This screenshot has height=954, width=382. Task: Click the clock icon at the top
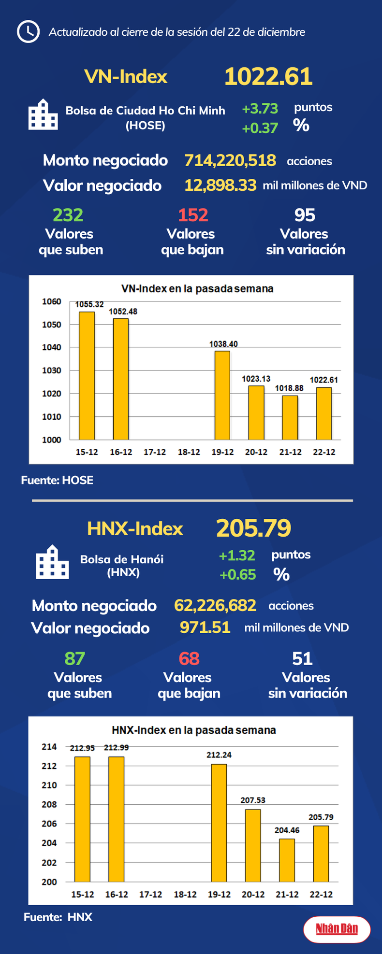point(28,32)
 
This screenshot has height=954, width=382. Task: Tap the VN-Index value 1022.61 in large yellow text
point(268,77)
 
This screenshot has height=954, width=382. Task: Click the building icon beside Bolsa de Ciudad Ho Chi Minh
point(43,114)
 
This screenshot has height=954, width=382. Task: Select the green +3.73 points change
point(260,109)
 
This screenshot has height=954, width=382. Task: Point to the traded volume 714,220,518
point(230,160)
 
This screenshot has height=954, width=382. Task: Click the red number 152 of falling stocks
point(193,215)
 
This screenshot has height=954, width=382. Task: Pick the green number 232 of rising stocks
point(68,215)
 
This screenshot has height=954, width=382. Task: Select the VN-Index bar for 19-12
point(222,395)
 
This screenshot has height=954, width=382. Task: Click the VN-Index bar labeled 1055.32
point(87,375)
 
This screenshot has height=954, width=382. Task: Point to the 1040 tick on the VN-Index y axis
point(52,347)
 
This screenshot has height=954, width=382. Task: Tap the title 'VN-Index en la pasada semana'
point(197,289)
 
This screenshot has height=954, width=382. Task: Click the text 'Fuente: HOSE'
point(57,480)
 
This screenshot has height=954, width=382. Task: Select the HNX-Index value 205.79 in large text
point(253,528)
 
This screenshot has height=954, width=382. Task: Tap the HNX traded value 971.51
point(205,627)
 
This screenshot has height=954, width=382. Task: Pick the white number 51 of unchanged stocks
point(303,659)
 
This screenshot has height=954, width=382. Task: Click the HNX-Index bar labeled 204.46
point(287,860)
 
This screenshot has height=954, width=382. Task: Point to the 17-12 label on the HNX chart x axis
point(151,895)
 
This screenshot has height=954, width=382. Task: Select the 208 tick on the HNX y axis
point(49,805)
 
